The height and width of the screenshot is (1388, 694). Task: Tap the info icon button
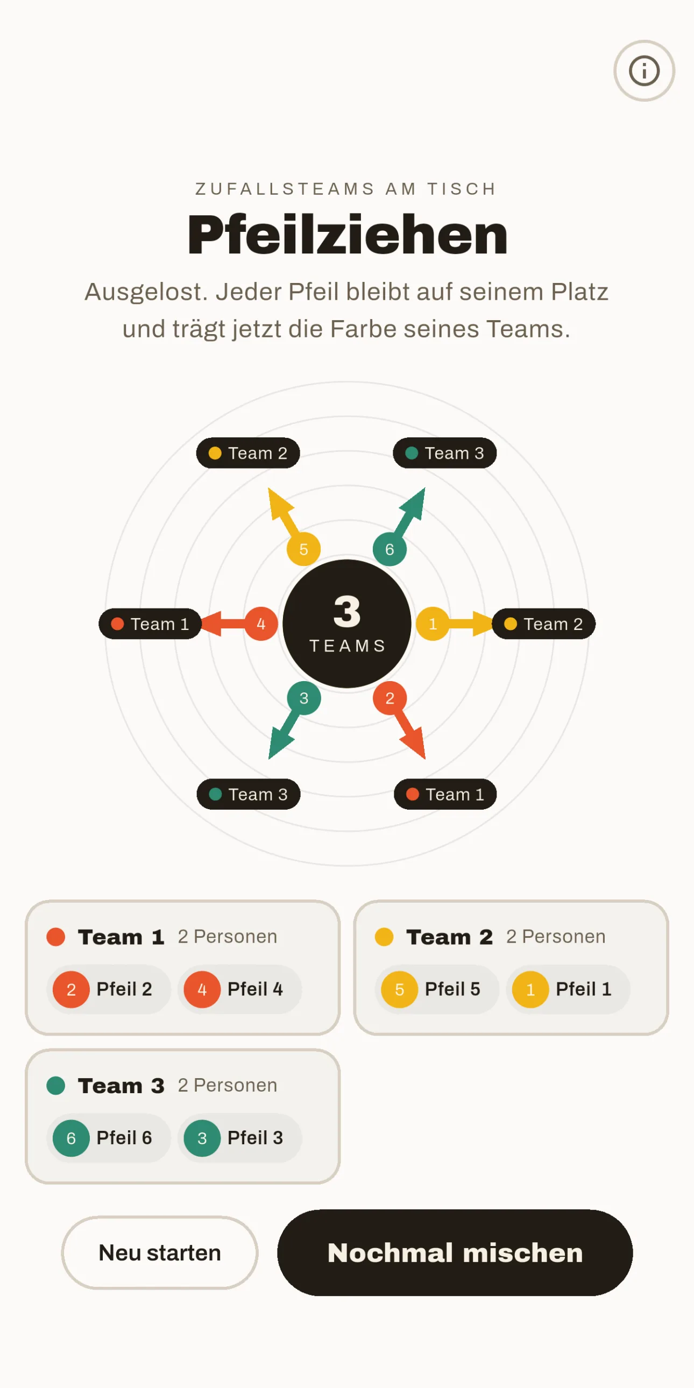pos(644,70)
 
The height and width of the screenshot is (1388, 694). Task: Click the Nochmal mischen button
pos(455,1252)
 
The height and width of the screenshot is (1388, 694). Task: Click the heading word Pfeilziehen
pos(347,235)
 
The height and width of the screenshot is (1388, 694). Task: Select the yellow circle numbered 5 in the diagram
pos(303,549)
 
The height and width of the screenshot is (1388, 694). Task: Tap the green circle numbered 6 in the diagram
pos(390,549)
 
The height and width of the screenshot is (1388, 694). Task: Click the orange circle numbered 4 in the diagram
pos(261,624)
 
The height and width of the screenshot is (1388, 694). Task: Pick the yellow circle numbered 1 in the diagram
pos(433,624)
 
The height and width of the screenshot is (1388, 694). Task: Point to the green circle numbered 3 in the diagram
pos(304,698)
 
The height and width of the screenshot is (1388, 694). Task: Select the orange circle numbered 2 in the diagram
pos(390,698)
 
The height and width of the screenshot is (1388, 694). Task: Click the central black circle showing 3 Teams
pos(347,624)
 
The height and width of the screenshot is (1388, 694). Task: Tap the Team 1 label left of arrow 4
pos(150,624)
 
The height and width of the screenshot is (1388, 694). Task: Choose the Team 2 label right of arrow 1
pos(544,624)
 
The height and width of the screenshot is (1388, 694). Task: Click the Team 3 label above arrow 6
pos(444,453)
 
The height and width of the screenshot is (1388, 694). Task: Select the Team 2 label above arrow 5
pos(248,453)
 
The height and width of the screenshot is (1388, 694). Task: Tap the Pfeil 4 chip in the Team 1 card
pos(240,989)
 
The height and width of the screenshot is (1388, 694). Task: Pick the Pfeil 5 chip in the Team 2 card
pos(437,989)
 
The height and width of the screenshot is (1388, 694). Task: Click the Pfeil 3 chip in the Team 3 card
pos(240,1138)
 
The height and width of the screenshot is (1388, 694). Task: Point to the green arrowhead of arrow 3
pos(280,744)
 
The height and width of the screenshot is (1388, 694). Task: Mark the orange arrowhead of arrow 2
pos(414,744)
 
